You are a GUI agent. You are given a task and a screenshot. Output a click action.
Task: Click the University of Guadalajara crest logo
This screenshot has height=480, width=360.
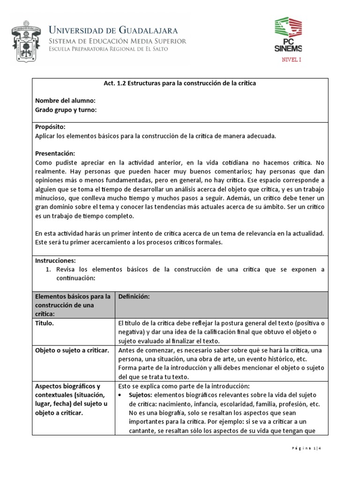(25, 40)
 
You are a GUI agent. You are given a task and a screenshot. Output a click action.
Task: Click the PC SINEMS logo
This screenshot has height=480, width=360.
(288, 35)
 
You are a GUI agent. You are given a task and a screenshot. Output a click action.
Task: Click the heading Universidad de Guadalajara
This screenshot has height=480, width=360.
(113, 30)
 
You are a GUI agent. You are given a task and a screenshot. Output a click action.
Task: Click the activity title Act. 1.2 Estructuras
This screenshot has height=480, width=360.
(180, 83)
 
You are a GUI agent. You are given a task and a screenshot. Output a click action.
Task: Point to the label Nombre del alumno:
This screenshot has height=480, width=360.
(66, 101)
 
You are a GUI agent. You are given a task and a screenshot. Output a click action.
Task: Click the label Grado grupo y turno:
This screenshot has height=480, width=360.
(66, 110)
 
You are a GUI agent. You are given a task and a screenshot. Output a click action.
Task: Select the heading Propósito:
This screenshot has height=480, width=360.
(50, 127)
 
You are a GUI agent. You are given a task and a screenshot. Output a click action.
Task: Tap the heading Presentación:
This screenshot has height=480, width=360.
(55, 154)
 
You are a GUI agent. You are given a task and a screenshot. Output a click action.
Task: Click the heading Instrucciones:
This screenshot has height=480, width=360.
(55, 260)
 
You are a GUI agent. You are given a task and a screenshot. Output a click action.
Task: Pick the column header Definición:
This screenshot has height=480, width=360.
(134, 297)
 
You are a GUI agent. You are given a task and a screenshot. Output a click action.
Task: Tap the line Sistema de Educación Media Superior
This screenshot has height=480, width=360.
(118, 41)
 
